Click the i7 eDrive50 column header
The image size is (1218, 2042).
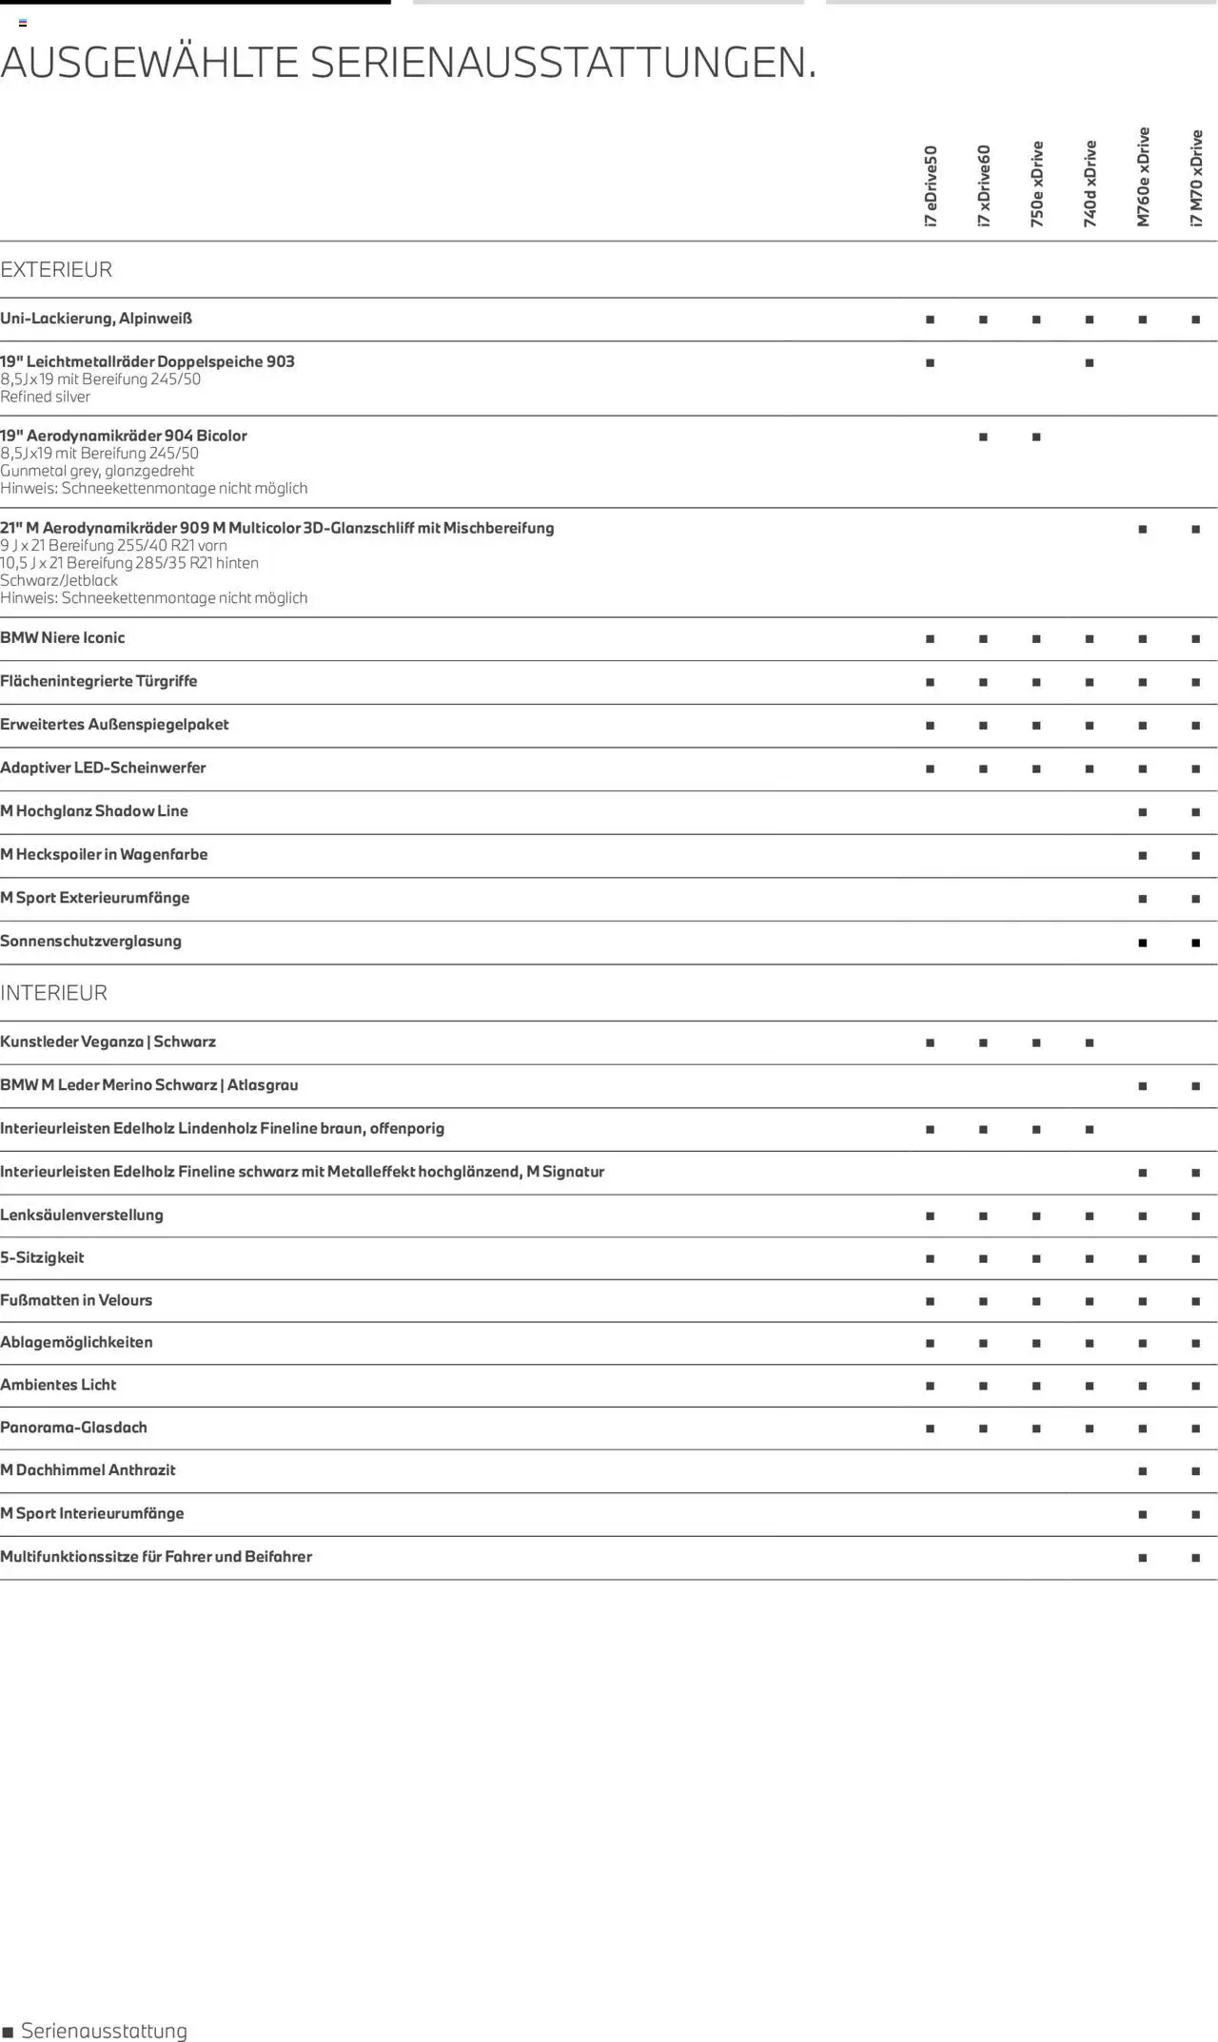pos(931,185)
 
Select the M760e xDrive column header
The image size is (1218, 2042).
pos(1143,177)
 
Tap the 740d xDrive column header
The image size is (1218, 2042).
pos(1090,184)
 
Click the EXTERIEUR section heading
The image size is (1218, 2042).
pos(56,270)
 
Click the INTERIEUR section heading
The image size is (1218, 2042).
pos(53,993)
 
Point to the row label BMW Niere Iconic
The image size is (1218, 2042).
pos(63,638)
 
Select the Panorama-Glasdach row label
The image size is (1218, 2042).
pos(73,1428)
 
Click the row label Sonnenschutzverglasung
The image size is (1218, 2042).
pos(90,942)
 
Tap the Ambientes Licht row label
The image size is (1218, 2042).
pos(58,1385)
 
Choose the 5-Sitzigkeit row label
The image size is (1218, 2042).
pos(42,1257)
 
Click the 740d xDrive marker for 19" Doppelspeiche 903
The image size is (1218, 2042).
pos(1090,363)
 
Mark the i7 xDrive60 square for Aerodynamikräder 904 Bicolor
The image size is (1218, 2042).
pos(983,438)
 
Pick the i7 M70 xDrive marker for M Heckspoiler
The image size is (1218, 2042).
pos(1196,856)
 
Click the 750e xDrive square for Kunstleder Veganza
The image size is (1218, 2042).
pos(1036,1043)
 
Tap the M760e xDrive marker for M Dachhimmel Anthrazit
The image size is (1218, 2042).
pos(1143,1471)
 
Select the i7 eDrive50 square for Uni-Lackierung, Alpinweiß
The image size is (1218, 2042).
pos(930,320)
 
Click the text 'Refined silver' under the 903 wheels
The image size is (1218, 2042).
pos(46,397)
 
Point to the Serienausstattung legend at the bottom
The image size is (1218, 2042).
pos(95,2031)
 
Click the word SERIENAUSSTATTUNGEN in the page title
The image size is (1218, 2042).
pos(562,63)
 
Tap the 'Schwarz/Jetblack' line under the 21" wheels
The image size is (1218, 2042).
pos(59,580)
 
